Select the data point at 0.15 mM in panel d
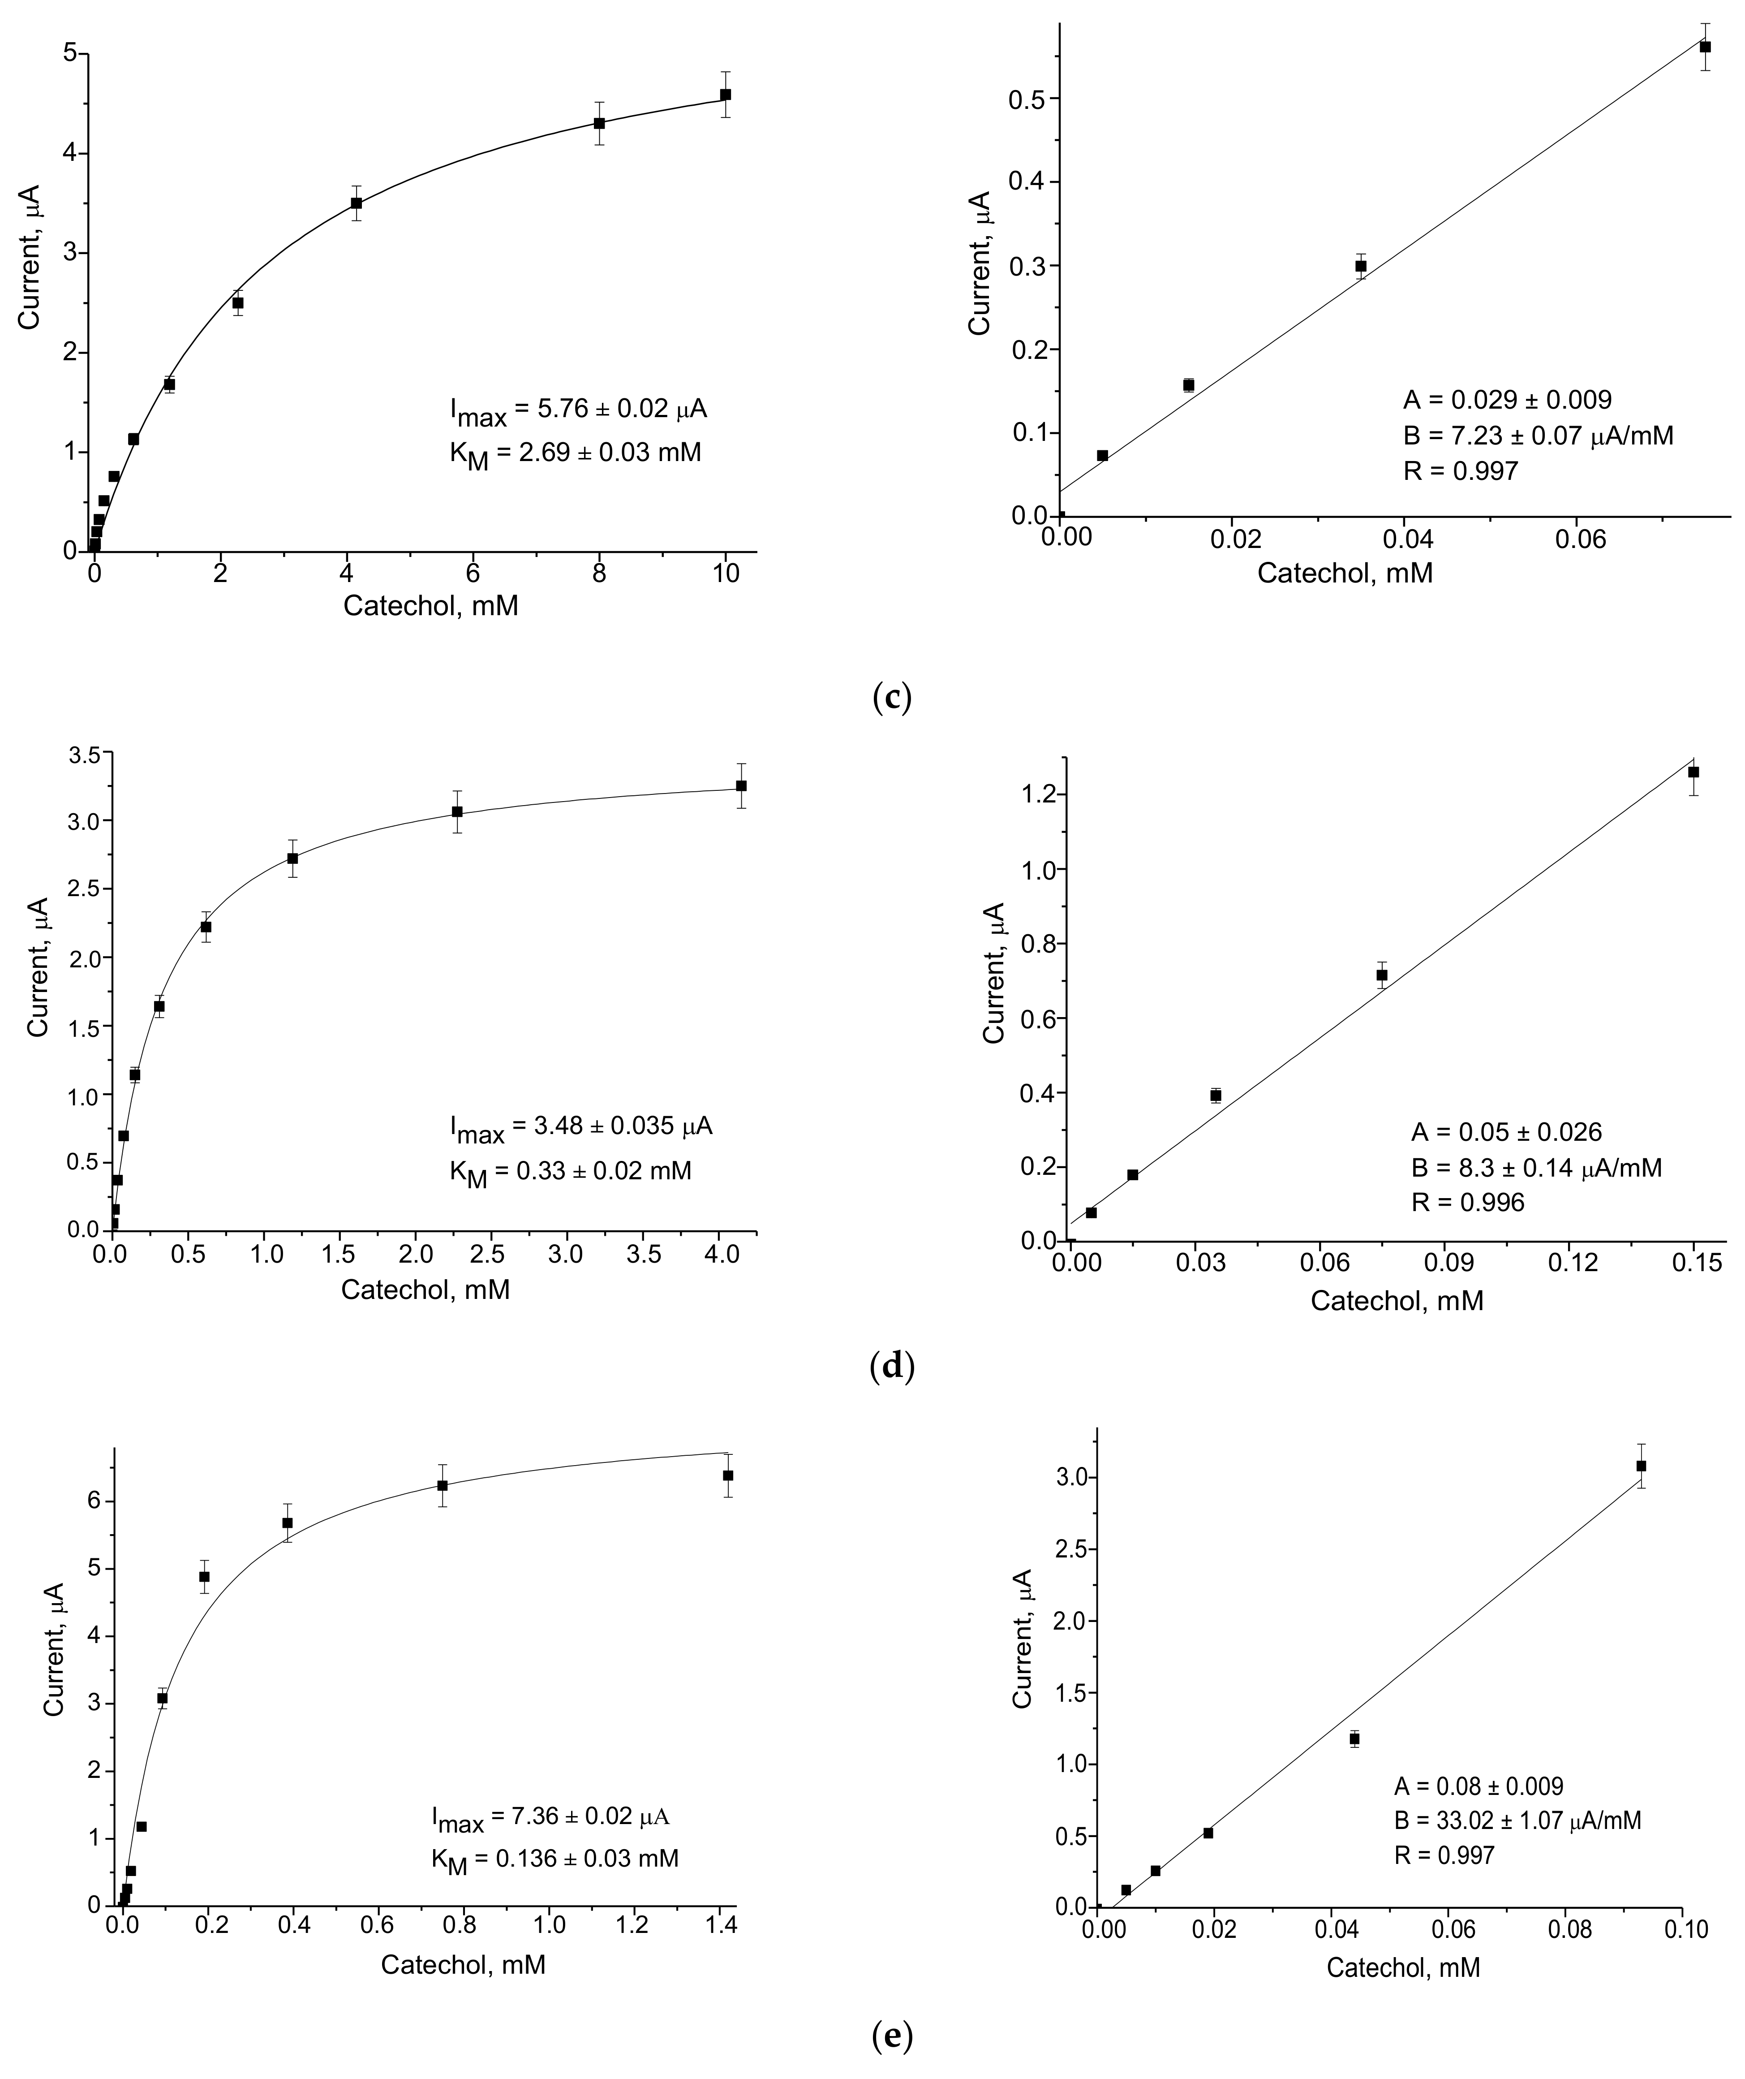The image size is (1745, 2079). click(1693, 772)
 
